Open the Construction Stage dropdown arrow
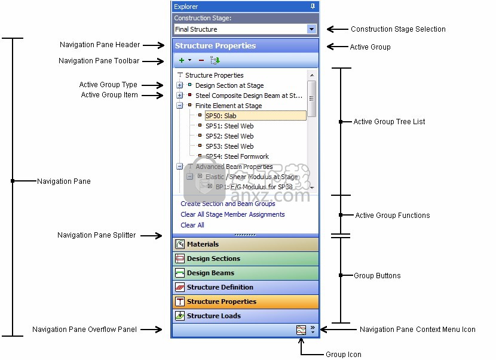tap(311, 29)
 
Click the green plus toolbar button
tap(182, 60)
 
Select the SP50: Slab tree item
tap(221, 116)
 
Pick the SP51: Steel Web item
tap(229, 126)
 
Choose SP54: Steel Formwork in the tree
tap(237, 156)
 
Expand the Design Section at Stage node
tap(180, 85)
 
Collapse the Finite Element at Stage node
tap(180, 106)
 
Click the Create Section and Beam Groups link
tap(228, 204)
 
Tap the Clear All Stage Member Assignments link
tap(232, 214)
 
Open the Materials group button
tap(245, 244)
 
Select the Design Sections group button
tap(245, 259)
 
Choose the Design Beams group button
tap(245, 273)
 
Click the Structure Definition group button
tap(245, 287)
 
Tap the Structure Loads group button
tap(245, 316)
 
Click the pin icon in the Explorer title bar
tap(313, 7)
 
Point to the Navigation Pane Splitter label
tap(96, 235)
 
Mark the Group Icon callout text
tap(343, 355)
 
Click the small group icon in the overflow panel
tap(301, 330)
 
